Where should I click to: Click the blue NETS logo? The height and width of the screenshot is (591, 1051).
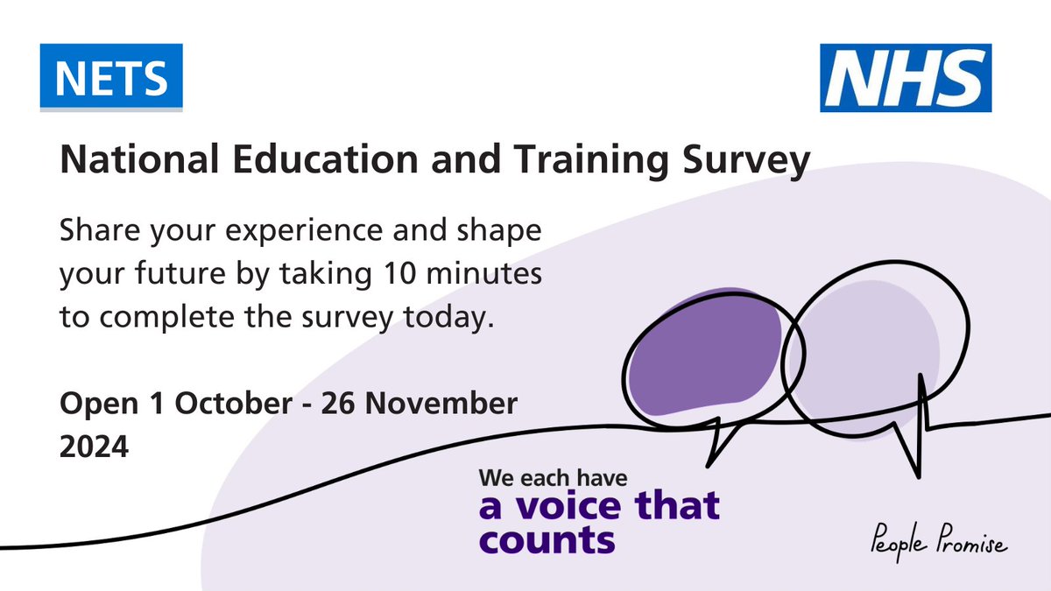[x=111, y=77]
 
